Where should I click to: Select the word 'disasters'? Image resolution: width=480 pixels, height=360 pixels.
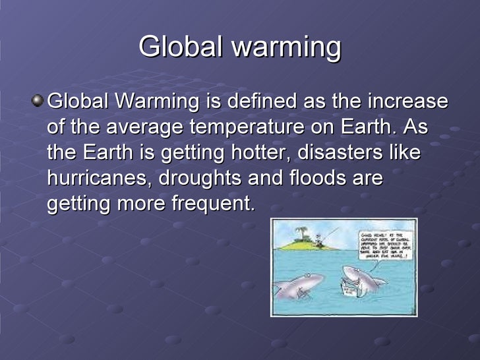tap(346, 152)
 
